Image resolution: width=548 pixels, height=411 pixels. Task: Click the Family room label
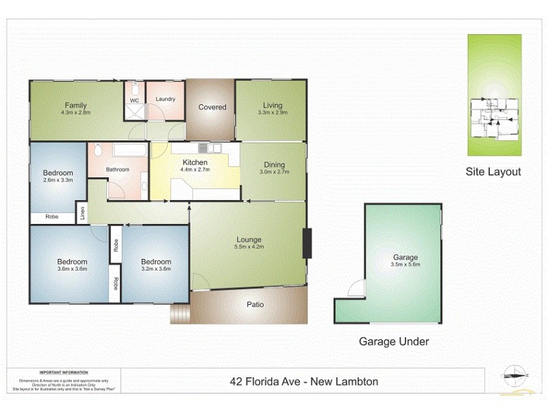pos(75,105)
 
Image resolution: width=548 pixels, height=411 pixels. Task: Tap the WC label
pos(134,101)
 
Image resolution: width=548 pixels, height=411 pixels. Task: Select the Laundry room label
pos(165,99)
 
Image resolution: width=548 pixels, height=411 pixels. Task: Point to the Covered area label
pos(212,107)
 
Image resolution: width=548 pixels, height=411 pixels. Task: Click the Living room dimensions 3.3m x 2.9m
pos(272,112)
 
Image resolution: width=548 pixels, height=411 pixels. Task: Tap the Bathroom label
pos(117,169)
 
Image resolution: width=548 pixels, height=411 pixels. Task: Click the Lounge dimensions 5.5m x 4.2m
pos(248,247)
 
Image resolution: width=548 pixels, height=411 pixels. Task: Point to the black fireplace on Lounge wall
pos(307,242)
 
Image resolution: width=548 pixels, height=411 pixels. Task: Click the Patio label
pos(256,305)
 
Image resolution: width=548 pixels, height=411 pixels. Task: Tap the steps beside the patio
pos(179,314)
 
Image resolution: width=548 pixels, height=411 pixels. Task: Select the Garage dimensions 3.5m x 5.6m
pos(406,264)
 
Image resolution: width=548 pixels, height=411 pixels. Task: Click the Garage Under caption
pos(394,341)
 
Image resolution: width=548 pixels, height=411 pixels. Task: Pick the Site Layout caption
pos(493,172)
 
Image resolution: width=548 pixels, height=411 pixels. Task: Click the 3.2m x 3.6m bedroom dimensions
pos(156,269)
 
